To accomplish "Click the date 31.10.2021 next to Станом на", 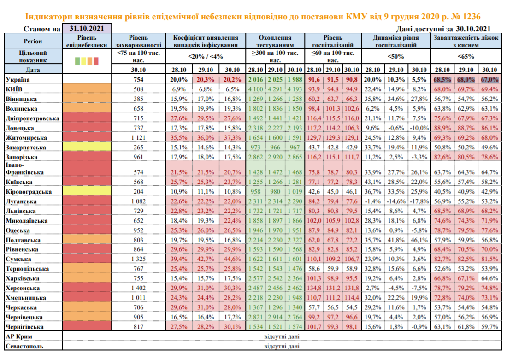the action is [x=87, y=28].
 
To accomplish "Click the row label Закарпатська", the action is [x=26, y=148].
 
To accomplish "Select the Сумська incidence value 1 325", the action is [x=138, y=259].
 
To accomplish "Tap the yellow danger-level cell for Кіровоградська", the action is [x=87, y=191].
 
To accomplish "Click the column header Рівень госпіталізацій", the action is [x=333, y=41].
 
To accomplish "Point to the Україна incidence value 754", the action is [x=138, y=80].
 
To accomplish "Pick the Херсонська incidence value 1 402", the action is [x=138, y=288].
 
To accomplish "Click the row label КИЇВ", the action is [x=14, y=89].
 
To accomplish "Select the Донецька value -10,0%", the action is [x=419, y=128].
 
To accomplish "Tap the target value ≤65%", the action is [x=466, y=56].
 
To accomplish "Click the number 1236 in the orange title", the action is [x=470, y=17].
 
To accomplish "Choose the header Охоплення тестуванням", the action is [x=275, y=41].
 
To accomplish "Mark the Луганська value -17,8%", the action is [x=419, y=201].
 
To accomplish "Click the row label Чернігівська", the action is [x=24, y=327].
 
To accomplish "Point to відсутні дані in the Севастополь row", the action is [x=282, y=346].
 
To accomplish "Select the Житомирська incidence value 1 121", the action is [x=138, y=138].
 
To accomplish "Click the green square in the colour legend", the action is [x=77, y=61].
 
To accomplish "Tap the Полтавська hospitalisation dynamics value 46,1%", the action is [x=419, y=240].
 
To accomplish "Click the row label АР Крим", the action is [x=19, y=336].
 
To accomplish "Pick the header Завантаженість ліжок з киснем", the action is [x=466, y=41].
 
